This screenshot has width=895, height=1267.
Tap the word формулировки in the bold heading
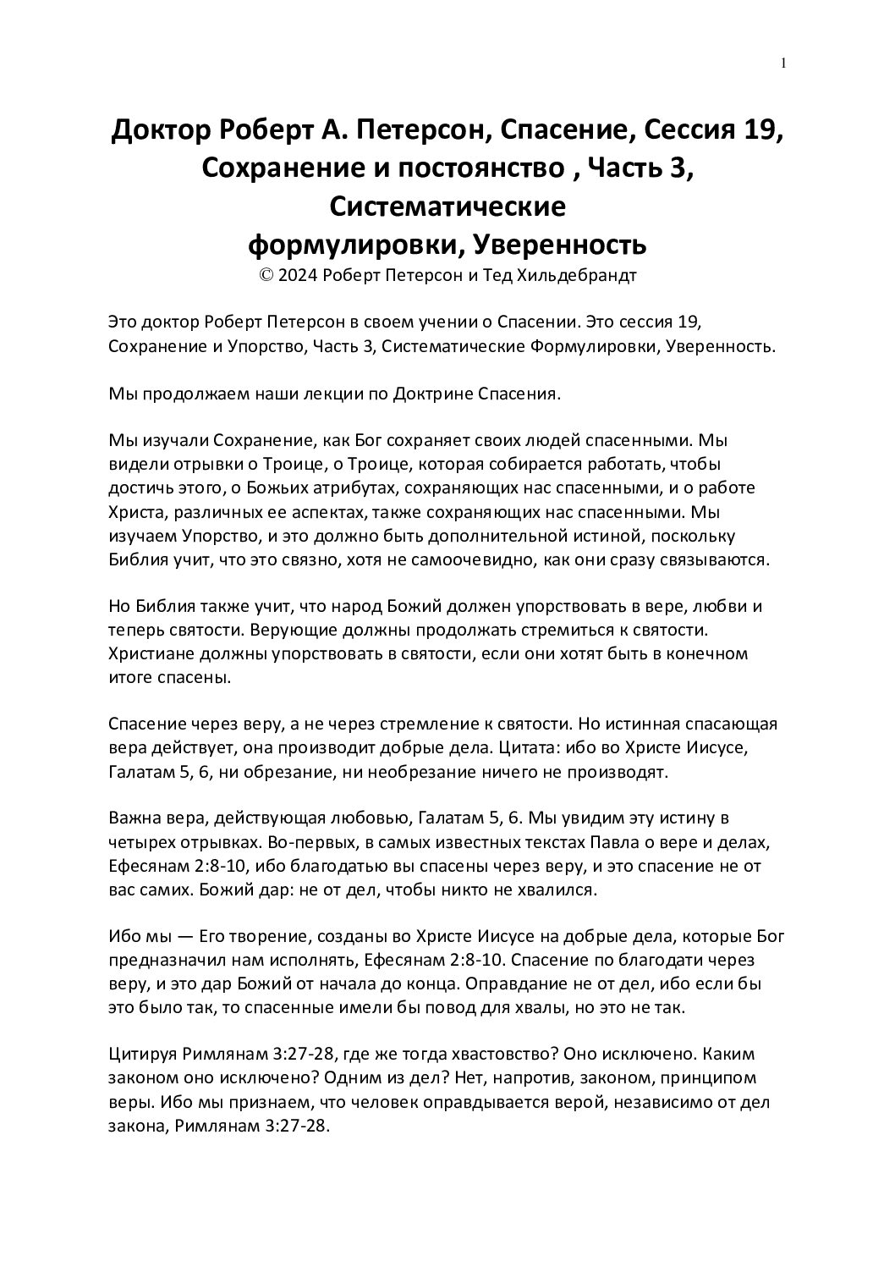coord(354,245)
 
